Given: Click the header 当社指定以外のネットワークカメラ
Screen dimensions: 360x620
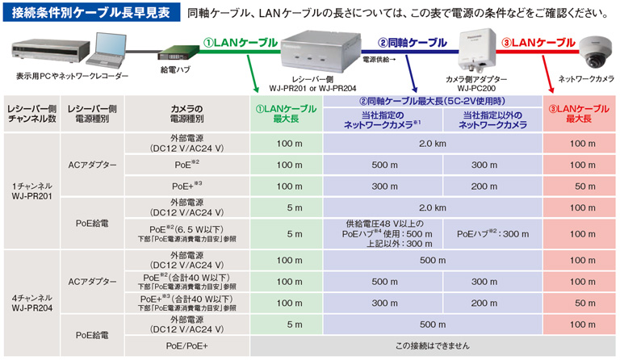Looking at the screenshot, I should [x=492, y=120].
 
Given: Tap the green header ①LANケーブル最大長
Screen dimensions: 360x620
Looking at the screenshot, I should [x=288, y=113].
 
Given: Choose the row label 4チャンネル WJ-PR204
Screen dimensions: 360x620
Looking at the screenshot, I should [x=32, y=303].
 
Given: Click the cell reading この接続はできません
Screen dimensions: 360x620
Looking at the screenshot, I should [x=434, y=345].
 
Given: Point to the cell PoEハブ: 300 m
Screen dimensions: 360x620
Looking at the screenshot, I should [x=492, y=234].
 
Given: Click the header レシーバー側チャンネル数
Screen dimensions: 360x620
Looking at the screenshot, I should [x=32, y=113].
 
